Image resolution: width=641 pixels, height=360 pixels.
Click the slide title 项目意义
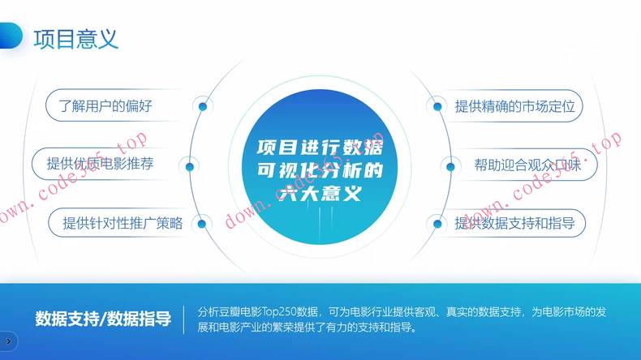pyautogui.click(x=76, y=38)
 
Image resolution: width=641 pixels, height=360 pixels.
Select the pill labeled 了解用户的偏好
pyautogui.click(x=105, y=106)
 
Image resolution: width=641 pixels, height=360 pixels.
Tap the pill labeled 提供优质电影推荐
pyautogui.click(x=100, y=164)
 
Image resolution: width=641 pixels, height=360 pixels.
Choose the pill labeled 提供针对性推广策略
pyautogui.click(x=123, y=223)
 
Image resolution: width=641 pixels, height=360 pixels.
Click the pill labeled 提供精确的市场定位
pyautogui.click(x=514, y=106)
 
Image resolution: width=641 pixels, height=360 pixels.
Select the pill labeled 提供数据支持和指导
pyautogui.click(x=514, y=223)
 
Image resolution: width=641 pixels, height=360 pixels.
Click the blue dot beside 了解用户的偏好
pyautogui.click(x=203, y=106)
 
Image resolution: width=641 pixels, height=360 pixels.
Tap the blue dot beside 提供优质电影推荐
pyautogui.click(x=190, y=167)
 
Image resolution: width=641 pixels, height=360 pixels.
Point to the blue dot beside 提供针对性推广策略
pyautogui.click(x=202, y=224)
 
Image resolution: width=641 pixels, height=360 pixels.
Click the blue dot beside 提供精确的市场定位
pyautogui.click(x=437, y=106)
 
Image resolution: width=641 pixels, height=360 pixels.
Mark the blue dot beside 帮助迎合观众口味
pyautogui.click(x=450, y=167)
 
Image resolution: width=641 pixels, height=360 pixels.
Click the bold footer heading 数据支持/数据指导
pyautogui.click(x=103, y=319)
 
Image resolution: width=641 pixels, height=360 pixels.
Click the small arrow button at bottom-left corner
pyautogui.click(x=8, y=341)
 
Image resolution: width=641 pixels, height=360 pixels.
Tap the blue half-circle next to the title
pyautogui.click(x=10, y=36)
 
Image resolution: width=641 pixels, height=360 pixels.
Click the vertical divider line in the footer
pyautogui.click(x=184, y=319)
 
